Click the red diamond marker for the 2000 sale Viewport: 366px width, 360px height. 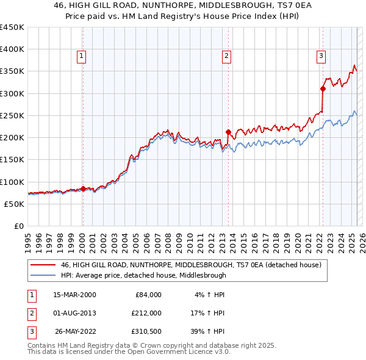83,189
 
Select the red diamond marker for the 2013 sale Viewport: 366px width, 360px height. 228,132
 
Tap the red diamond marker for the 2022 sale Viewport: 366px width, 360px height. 323,89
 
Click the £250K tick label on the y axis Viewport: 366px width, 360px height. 12,115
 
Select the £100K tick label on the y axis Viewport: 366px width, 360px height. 12,182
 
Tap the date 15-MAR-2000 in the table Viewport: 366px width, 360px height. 74,295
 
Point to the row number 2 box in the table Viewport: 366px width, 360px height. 31,313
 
